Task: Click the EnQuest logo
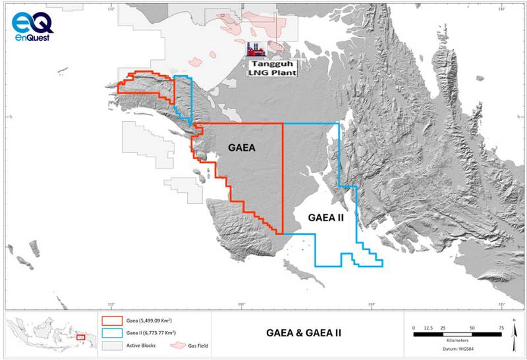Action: (32, 26)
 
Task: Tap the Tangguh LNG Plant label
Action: (271, 68)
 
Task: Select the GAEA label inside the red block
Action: (241, 149)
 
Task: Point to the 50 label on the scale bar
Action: (472, 327)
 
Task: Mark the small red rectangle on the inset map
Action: (80, 337)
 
